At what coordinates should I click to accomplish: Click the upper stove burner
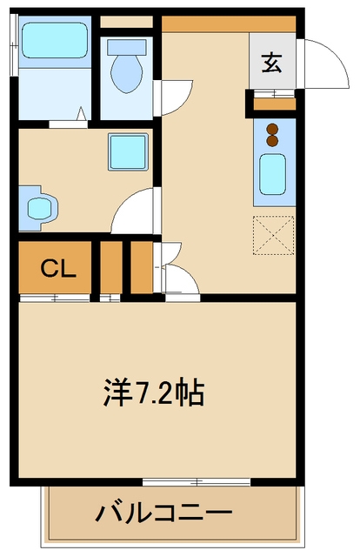click(x=273, y=129)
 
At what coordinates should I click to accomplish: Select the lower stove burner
click(x=273, y=140)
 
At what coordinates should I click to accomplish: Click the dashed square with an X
click(x=273, y=233)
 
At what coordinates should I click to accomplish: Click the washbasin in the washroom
click(x=38, y=208)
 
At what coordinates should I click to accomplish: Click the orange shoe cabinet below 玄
click(x=272, y=105)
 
